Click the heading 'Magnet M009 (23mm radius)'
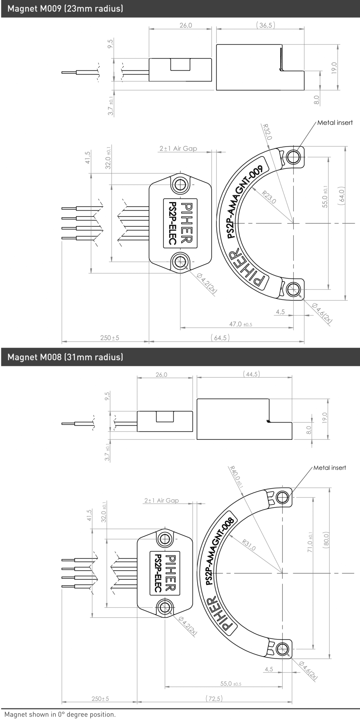pyautogui.click(x=65, y=9)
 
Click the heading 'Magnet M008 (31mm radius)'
pyautogui.click(x=65, y=357)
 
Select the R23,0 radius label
pyautogui.click(x=269, y=197)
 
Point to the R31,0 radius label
pyautogui.click(x=249, y=545)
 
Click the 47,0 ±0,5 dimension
pyautogui.click(x=240, y=324)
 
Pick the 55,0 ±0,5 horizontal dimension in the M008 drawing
pyautogui.click(x=231, y=684)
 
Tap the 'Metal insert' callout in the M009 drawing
pyautogui.click(x=335, y=123)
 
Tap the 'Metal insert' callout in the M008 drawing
pyautogui.click(x=329, y=468)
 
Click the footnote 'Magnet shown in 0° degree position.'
pyautogui.click(x=60, y=714)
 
